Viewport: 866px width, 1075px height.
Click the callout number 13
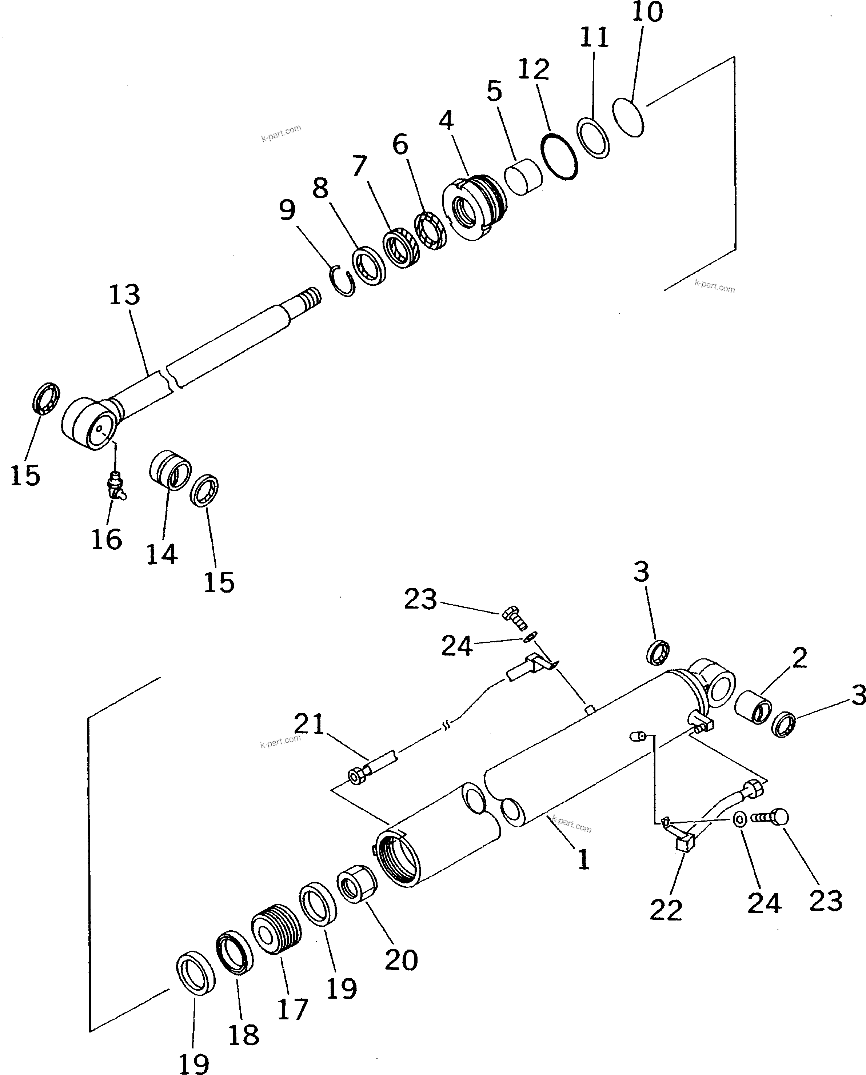[x=124, y=295]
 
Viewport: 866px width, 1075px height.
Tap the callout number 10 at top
[x=647, y=12]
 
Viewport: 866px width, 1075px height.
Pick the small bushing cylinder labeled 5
[x=522, y=177]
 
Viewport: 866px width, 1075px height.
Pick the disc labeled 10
[x=628, y=118]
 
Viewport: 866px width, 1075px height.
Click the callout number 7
[x=359, y=165]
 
